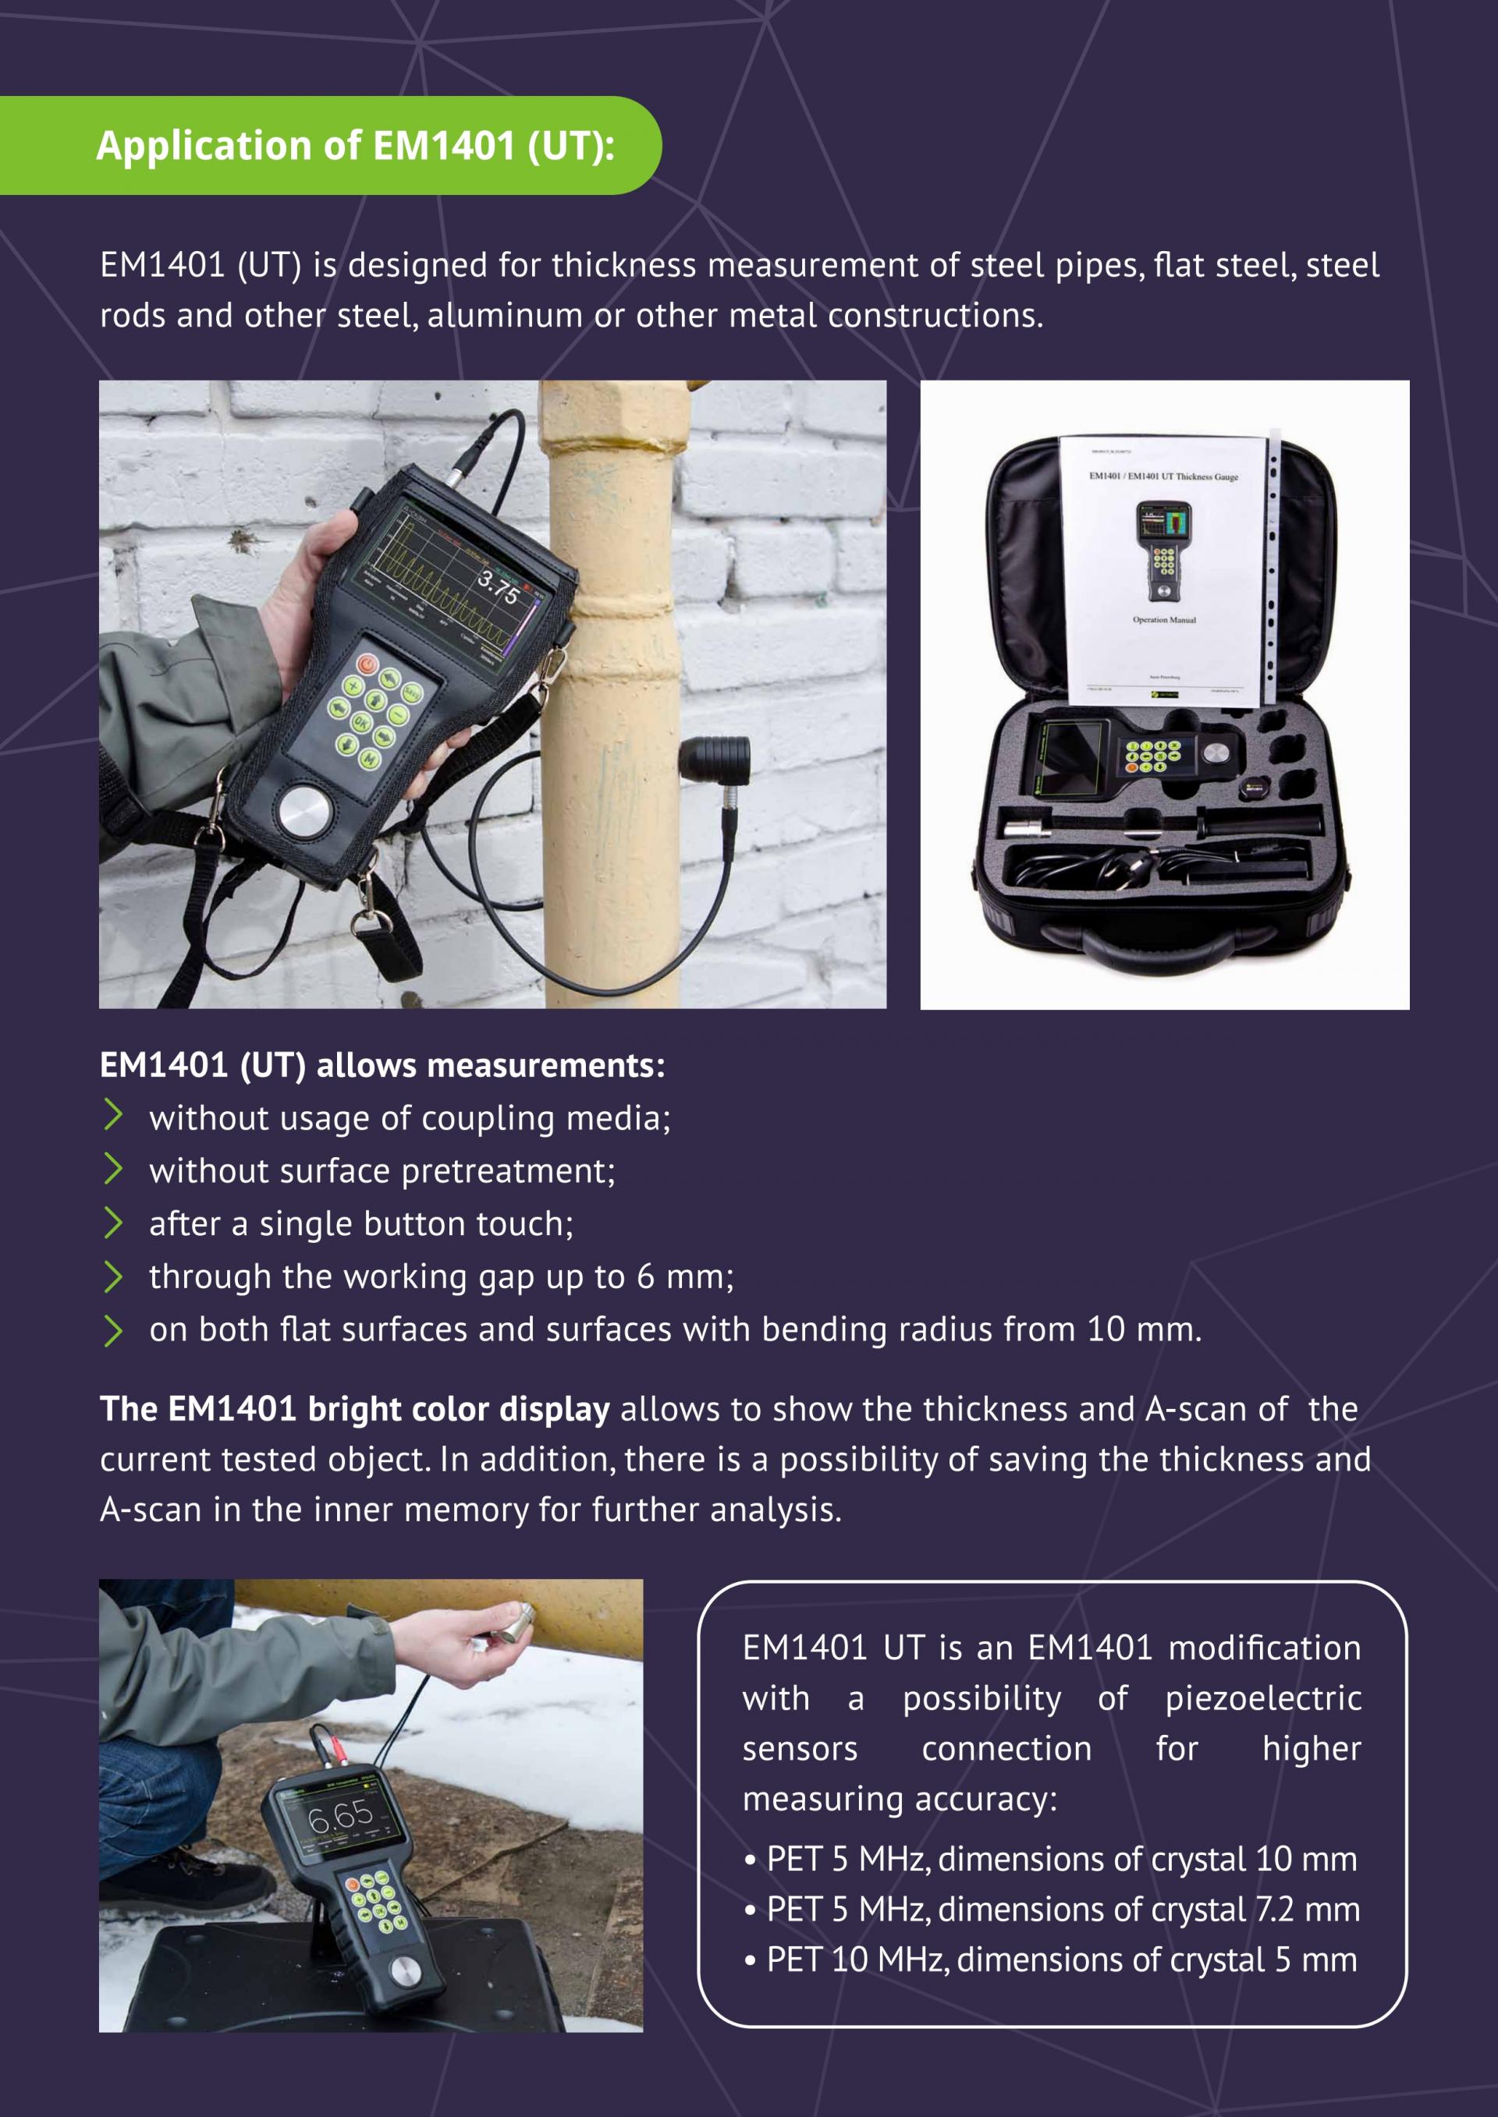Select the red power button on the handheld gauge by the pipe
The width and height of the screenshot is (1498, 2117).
coord(368,663)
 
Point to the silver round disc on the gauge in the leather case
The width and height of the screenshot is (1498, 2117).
coord(304,812)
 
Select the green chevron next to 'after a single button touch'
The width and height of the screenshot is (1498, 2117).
coord(113,1222)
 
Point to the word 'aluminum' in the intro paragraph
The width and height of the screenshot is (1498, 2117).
coord(505,315)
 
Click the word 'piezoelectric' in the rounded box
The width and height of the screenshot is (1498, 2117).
coord(1263,1697)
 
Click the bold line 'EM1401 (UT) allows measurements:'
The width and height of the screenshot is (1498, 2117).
coord(382,1065)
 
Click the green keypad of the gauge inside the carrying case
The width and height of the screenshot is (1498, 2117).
coord(1153,756)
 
